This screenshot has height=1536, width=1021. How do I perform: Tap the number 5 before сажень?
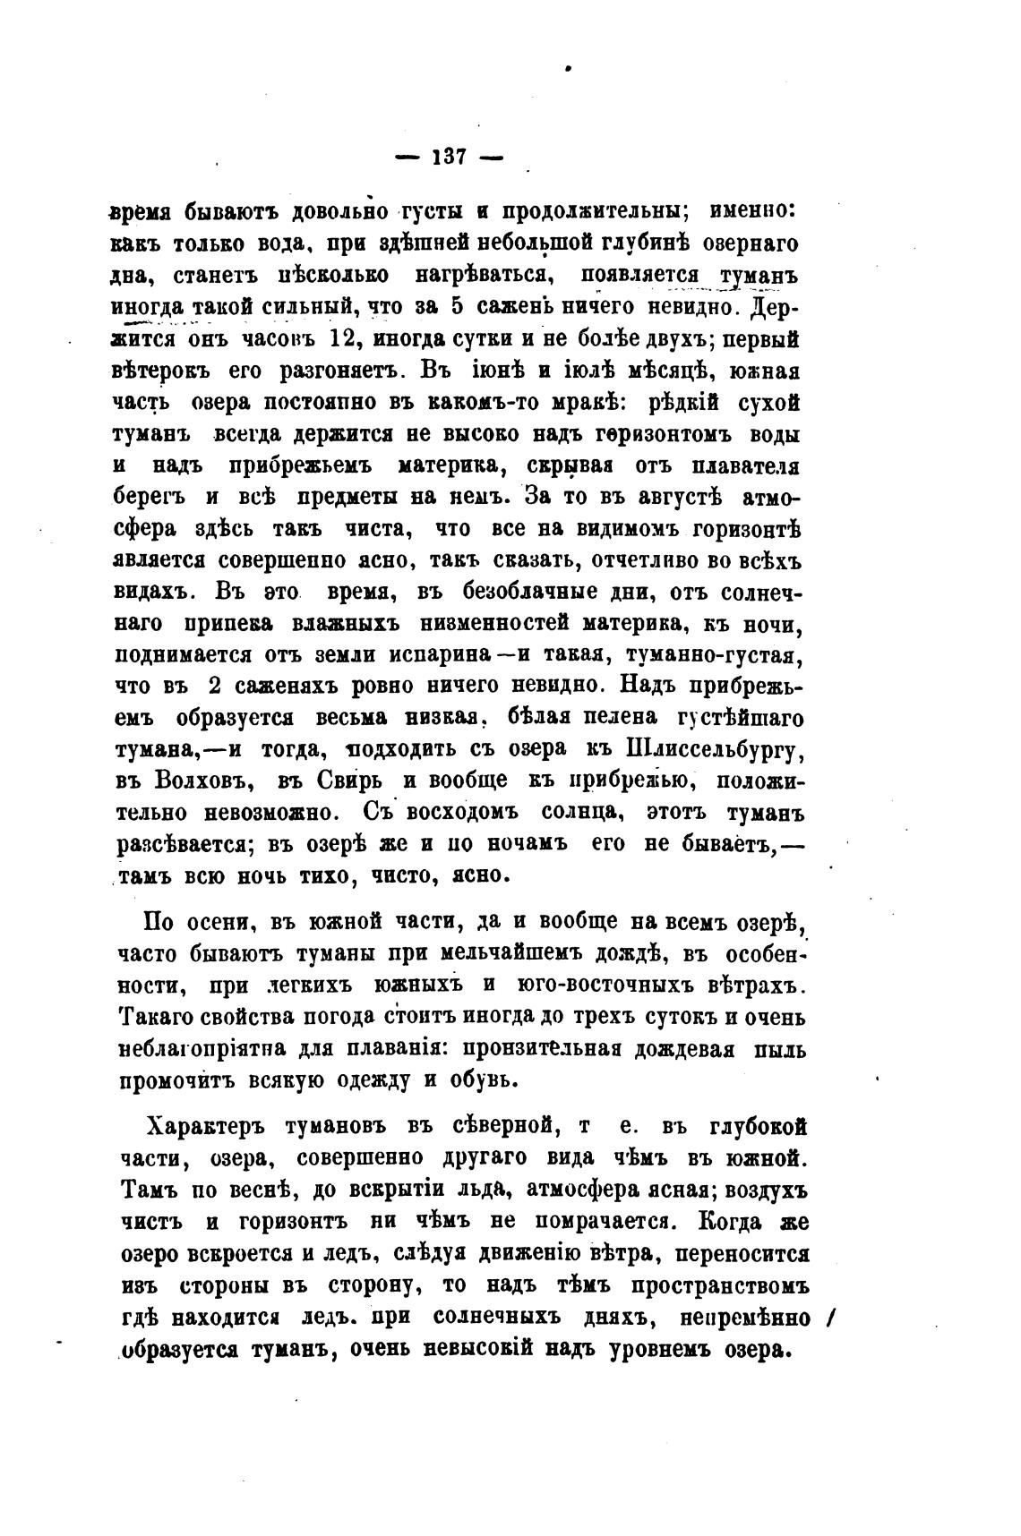[455, 307]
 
